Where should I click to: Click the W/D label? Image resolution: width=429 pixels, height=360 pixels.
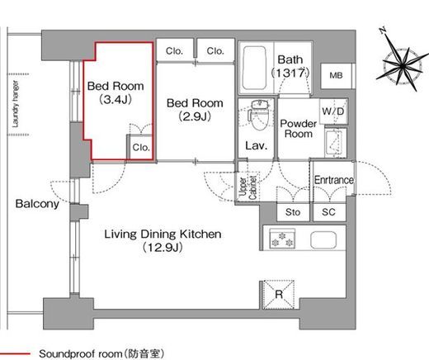point(333,111)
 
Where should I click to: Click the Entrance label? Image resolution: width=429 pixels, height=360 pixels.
point(333,180)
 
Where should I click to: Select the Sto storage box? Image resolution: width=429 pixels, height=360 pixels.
point(294,211)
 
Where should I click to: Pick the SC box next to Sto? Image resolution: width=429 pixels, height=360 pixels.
point(328,211)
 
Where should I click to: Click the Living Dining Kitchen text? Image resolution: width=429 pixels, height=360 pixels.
point(163,234)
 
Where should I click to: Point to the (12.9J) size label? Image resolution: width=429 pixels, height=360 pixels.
point(163,248)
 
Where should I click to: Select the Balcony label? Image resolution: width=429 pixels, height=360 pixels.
point(37,204)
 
